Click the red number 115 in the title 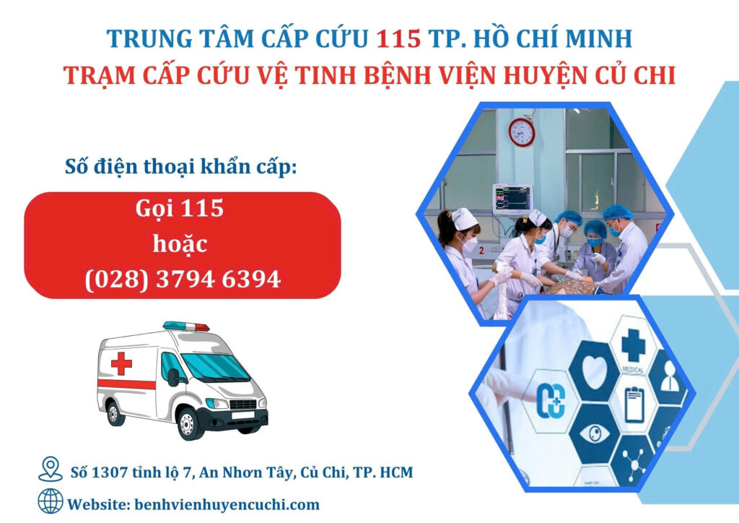click(398, 39)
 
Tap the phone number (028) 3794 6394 click(183, 279)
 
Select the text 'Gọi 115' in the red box click(180, 209)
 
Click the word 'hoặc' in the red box click(180, 244)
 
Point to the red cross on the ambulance click(121, 363)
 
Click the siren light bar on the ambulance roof click(186, 326)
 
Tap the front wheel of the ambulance click(188, 424)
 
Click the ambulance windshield click(214, 368)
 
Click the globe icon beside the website click(51, 501)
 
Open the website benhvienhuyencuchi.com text click(227, 505)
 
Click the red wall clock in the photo click(521, 132)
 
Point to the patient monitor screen click(512, 199)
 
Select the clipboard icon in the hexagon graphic click(634, 405)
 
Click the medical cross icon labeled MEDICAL click(633, 345)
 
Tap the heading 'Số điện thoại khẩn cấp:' click(181, 167)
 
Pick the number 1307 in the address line click(110, 472)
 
